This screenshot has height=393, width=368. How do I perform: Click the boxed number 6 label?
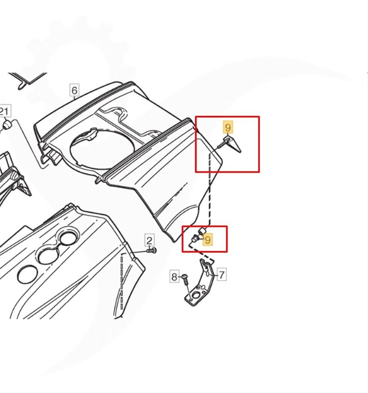coord(74,90)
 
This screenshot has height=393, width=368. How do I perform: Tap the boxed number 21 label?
coord(5,111)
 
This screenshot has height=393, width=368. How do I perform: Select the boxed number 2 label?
coord(149,240)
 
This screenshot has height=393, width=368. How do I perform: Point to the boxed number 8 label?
coord(174,276)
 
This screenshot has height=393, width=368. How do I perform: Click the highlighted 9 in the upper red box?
coord(228,127)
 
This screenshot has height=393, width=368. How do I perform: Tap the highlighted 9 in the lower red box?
coord(208,240)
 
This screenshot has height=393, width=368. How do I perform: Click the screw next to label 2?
coord(152,250)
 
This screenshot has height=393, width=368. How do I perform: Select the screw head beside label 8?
coord(185,276)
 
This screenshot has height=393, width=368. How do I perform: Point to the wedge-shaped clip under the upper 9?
coord(233,144)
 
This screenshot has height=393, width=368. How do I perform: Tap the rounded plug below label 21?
coord(7,124)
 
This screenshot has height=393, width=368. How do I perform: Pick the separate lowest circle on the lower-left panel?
coord(27,275)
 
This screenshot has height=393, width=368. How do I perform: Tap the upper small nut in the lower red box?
coord(202,231)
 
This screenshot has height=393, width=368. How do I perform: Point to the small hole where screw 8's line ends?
coord(192,299)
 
